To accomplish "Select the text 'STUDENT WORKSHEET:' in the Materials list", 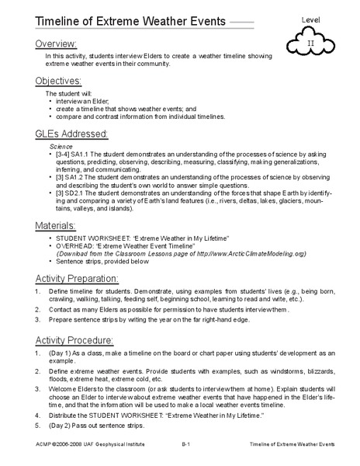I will [90, 238].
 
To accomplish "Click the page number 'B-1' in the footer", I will [187, 459].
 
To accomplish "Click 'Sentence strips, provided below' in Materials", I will [105, 263].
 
